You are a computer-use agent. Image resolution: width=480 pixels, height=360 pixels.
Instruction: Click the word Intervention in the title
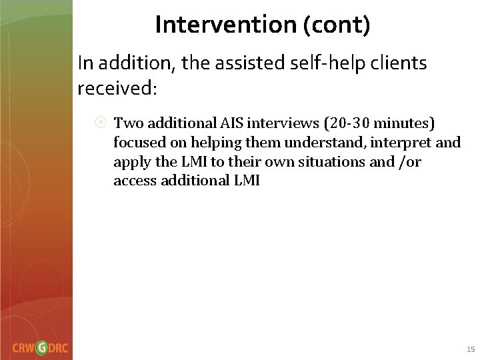coord(215,25)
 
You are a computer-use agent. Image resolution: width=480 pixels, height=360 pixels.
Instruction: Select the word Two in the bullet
coord(127,123)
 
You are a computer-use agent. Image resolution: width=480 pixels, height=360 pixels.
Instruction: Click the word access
coord(133,181)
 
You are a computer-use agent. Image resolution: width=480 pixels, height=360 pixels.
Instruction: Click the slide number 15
coord(470,349)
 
